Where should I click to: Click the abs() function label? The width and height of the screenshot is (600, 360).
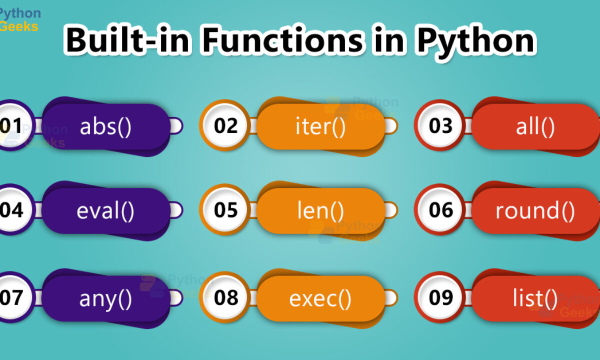point(105,127)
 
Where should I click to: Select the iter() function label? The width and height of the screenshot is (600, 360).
point(320,127)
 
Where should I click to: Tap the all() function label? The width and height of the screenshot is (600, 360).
point(535,127)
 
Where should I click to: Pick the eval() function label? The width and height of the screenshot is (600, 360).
point(105,211)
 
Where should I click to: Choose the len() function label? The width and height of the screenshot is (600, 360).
point(320,211)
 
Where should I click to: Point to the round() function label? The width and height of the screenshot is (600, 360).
point(535,211)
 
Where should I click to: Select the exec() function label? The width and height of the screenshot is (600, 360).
point(320,299)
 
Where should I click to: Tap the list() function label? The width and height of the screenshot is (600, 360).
point(535,298)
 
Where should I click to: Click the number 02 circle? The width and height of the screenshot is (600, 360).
point(225,125)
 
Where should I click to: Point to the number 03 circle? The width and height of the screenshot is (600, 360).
point(440,125)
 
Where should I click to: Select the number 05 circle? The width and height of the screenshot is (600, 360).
point(225,209)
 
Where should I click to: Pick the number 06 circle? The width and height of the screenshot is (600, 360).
point(440,209)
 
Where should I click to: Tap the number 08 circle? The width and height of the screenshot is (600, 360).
point(225,297)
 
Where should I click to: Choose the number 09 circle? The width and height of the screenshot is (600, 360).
point(440,297)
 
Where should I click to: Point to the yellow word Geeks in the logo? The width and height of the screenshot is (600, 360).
point(19,26)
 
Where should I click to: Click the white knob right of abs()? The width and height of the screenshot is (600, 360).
point(176,125)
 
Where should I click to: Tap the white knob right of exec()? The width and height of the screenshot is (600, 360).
point(391,297)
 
